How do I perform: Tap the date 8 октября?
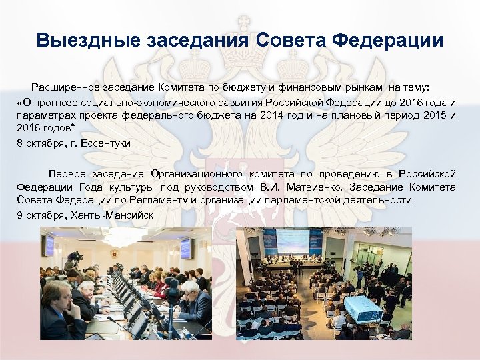(x=36, y=143)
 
